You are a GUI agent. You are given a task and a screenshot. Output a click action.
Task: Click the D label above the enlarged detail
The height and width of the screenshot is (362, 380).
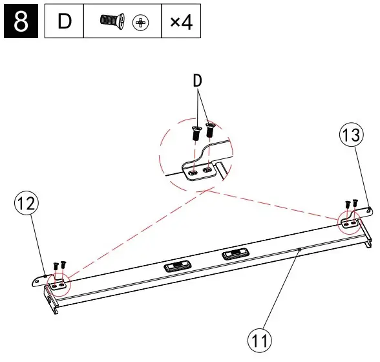(198, 83)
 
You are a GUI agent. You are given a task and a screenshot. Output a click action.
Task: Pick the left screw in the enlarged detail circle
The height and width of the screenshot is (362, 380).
(196, 134)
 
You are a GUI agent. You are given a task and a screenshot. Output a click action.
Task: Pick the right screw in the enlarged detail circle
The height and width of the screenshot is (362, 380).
(209, 130)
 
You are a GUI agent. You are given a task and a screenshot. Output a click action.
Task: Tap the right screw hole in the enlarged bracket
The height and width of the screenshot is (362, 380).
(207, 169)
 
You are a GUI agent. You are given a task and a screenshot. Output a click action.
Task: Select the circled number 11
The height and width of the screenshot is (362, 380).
(262, 339)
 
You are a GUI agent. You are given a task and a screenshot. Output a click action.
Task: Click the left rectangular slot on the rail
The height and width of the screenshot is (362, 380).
(176, 266)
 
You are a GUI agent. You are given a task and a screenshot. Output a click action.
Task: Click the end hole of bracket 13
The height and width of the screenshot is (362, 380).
(369, 209)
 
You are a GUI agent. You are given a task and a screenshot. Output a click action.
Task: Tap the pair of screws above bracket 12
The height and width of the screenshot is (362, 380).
(59, 265)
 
